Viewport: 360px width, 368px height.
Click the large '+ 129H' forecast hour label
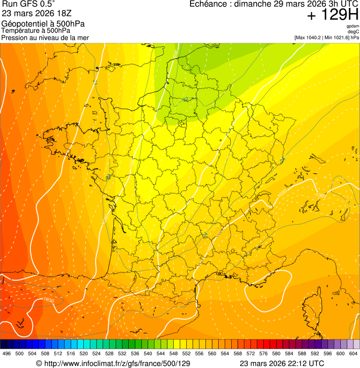coord(332,15)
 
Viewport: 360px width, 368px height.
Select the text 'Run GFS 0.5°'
coord(29,4)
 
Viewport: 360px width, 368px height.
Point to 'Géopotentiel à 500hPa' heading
coord(43,24)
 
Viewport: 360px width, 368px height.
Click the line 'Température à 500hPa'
coord(36,30)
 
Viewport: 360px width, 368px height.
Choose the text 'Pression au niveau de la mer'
coord(45,37)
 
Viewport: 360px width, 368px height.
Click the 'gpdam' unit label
coord(353,26)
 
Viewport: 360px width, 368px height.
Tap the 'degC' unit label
coord(354,31)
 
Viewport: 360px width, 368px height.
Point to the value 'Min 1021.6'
coord(336,37)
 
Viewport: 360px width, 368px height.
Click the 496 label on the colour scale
coord(7,353)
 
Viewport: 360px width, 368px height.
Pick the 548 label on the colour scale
coord(174,353)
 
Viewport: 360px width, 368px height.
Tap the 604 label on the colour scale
coord(353,353)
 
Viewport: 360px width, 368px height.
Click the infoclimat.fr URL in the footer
coord(113,363)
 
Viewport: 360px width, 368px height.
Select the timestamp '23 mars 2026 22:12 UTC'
coord(281,363)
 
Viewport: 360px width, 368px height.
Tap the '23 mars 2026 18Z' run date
coord(37,14)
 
